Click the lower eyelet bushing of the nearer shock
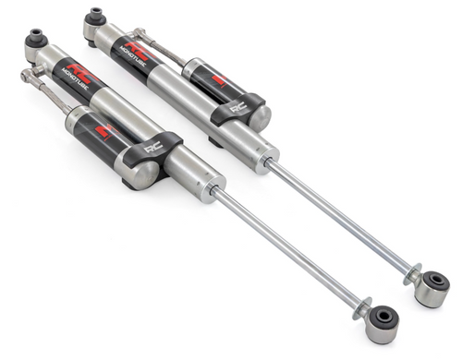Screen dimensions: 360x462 tap(382, 322)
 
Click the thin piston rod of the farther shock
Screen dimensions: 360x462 tap(342, 218)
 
